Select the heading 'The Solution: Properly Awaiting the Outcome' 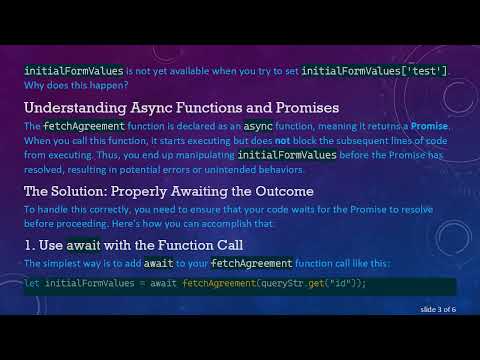[169, 191]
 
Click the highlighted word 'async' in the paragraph [259, 128]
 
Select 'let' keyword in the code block [32, 284]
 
